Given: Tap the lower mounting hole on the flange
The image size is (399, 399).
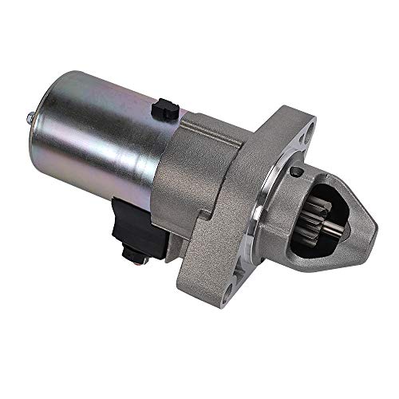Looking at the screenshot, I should [x=231, y=284].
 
